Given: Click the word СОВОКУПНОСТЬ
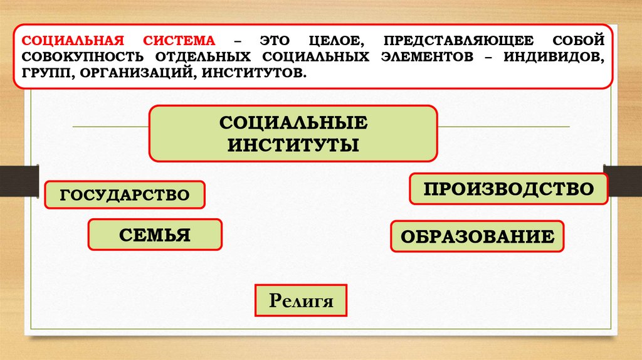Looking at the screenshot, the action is (90, 57).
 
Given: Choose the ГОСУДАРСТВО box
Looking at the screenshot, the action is (125, 195).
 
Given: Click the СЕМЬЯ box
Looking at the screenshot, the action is (155, 235).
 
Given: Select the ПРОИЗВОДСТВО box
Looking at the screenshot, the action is (508, 189).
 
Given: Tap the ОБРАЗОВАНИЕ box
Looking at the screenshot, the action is (477, 237).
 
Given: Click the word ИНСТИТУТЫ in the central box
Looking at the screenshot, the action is (293, 145).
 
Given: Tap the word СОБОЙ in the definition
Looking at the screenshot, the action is (578, 41).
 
